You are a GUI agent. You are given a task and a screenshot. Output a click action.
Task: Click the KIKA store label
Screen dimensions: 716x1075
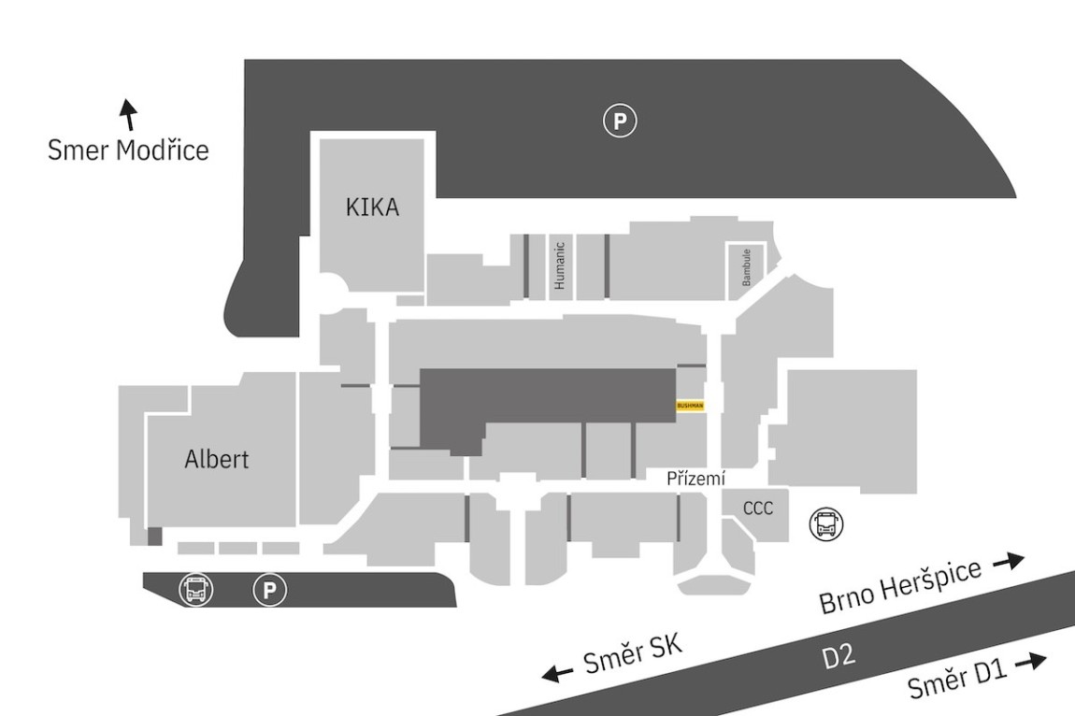click(372, 208)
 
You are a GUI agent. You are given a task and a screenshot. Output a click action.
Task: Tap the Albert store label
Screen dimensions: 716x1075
click(217, 459)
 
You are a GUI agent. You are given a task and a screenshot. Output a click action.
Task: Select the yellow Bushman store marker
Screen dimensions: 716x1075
click(689, 406)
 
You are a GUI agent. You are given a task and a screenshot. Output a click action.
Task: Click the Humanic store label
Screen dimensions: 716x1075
click(560, 265)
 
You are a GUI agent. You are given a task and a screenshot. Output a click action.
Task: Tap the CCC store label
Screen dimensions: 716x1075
click(758, 508)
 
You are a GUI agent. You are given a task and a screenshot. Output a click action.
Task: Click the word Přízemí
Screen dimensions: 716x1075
click(696, 479)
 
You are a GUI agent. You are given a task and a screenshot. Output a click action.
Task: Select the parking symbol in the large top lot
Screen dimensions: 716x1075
click(619, 121)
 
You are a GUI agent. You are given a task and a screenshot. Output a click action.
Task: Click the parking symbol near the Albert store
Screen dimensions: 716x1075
click(270, 590)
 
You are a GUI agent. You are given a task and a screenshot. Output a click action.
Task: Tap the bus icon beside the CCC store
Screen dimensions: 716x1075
click(825, 524)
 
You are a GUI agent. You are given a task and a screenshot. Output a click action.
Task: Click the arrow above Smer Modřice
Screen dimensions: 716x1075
click(129, 114)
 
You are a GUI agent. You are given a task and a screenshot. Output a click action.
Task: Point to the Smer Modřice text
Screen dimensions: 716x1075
click(128, 150)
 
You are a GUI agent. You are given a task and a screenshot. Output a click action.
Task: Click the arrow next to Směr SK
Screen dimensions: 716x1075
click(558, 673)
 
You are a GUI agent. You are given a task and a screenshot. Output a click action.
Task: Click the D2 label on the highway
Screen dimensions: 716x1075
click(838, 657)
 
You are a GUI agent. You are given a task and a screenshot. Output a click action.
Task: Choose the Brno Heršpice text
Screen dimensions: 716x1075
click(901, 589)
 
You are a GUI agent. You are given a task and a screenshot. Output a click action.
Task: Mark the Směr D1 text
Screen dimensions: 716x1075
click(955, 680)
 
